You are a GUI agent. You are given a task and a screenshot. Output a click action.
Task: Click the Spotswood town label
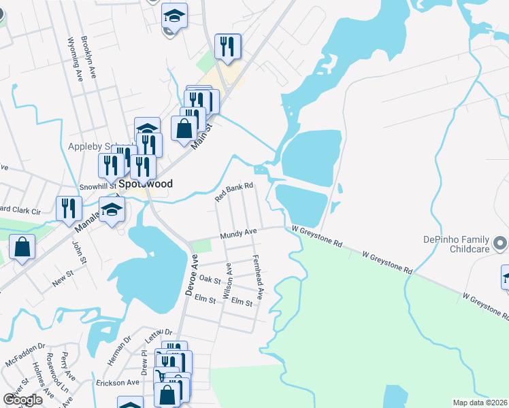point(145,184)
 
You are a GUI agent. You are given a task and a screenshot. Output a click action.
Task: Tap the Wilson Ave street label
point(229,281)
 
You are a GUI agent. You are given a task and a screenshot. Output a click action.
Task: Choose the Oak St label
point(210,279)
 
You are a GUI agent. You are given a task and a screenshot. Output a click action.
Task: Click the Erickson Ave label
point(117,383)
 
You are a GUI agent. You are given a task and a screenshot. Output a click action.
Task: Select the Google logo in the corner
point(22,400)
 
